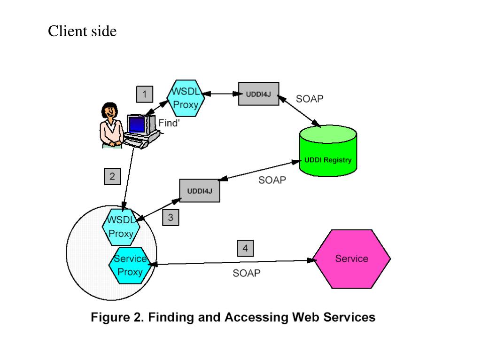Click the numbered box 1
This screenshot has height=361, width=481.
pos(145,94)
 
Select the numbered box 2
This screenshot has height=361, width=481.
pos(112,177)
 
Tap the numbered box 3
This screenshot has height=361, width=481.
pos(171,218)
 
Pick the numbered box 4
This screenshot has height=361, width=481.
pos(245,248)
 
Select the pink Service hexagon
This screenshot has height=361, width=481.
pos(352,259)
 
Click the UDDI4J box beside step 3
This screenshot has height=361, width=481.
pos(200,191)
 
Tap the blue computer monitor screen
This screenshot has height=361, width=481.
pos(138,124)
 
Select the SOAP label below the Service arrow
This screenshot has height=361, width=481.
pos(247,273)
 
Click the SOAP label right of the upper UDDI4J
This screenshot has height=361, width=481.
pos(310,99)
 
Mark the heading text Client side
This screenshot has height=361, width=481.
pos(82,31)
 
